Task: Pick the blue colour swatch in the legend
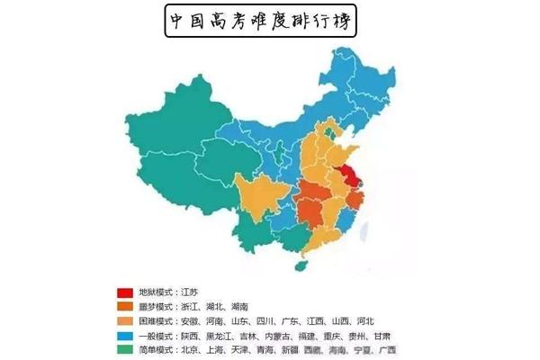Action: (x=123, y=334)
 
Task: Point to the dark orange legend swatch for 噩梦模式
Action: (x=123, y=306)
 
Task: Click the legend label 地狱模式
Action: (x=154, y=292)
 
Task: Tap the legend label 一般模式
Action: (x=154, y=334)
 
